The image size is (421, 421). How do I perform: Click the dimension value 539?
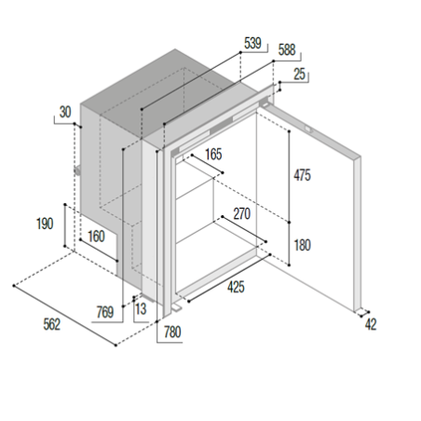tap(251, 44)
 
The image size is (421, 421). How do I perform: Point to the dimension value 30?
tap(64, 112)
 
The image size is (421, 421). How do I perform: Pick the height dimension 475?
tap(302, 175)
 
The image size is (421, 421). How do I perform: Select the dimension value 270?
tap(241, 213)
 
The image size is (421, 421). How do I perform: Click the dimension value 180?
tap(302, 246)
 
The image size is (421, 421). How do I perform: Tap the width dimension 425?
tap(236, 289)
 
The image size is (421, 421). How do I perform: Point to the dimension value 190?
tap(44, 224)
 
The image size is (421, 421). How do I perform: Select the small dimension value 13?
tap(141, 307)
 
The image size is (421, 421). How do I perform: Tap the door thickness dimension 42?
tap(372, 324)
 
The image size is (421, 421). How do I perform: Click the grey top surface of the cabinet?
tap(177, 93)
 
